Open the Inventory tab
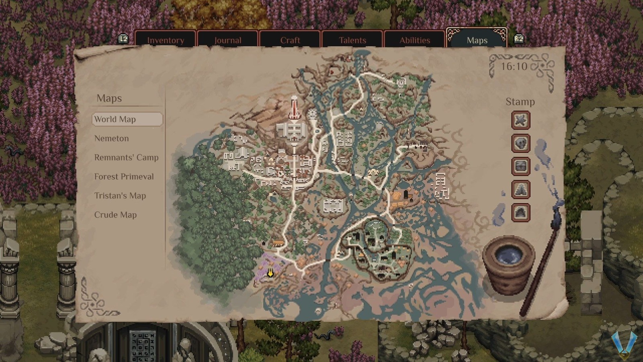point(165,40)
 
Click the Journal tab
point(227,40)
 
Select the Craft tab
point(290,40)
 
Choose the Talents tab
point(352,40)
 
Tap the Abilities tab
point(414,40)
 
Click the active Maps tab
point(477,40)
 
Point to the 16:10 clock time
point(514,66)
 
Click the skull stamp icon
point(520,143)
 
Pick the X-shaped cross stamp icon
point(520,120)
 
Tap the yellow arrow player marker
point(270,273)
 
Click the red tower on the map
point(295,107)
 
